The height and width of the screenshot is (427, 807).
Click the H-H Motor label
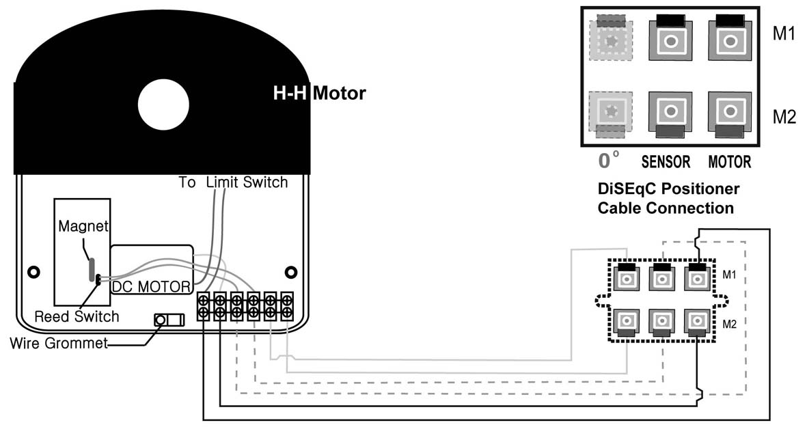tap(319, 93)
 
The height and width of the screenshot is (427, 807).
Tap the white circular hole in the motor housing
tap(163, 105)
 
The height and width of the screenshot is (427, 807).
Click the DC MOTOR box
tap(151, 269)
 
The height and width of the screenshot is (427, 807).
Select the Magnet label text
tap(83, 226)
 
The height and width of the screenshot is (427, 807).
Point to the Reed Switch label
tap(77, 316)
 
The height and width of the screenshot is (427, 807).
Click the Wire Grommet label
tap(59, 343)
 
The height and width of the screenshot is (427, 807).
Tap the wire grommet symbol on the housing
tap(169, 320)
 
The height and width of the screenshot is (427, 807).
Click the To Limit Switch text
tap(233, 182)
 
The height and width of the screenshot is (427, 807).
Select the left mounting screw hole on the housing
tap(34, 271)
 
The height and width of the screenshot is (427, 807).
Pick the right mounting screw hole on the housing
tap(291, 271)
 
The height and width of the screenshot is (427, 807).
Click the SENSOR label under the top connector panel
tap(666, 162)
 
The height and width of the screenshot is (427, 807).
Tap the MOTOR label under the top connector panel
tap(729, 162)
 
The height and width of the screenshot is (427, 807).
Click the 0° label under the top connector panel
tap(609, 160)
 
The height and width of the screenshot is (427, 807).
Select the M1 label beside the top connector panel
tap(784, 34)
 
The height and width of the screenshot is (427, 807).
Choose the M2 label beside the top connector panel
tap(784, 117)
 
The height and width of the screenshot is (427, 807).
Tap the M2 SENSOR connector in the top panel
tap(670, 114)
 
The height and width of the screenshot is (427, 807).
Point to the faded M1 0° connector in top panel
tap(611, 38)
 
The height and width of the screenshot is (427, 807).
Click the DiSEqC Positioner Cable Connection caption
tap(668, 198)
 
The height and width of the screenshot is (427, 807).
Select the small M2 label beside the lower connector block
tap(729, 324)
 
